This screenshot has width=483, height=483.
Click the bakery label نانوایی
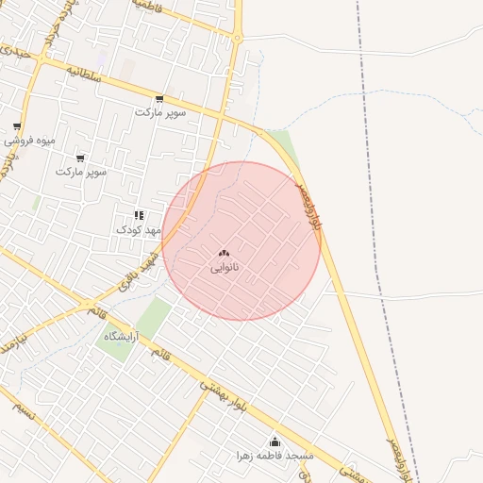click(x=225, y=268)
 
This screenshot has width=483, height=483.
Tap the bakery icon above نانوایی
click(x=224, y=253)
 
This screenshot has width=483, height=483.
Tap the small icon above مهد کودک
click(x=139, y=216)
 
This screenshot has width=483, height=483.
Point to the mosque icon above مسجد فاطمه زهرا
click(x=275, y=441)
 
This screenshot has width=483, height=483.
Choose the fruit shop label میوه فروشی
click(x=28, y=141)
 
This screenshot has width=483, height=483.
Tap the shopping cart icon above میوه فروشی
click(x=17, y=126)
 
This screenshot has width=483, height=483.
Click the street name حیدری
click(x=20, y=53)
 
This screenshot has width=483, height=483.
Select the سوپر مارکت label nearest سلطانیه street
click(x=160, y=112)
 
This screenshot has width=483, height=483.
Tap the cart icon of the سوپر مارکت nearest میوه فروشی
click(x=80, y=158)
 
